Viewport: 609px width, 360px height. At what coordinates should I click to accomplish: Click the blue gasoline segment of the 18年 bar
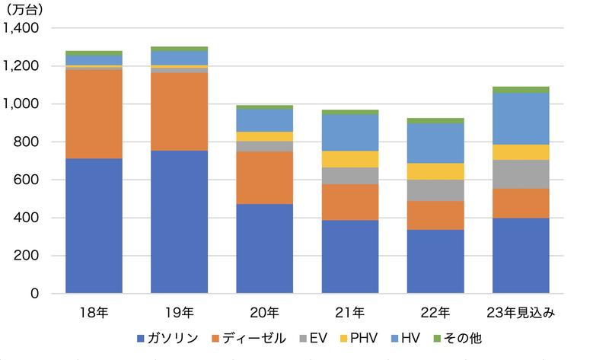pos(94,226)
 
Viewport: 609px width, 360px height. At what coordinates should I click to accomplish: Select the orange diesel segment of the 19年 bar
pos(180,112)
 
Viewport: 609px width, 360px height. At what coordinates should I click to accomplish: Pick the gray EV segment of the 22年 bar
pos(435,190)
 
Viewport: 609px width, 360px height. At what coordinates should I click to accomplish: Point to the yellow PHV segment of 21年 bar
pos(350,159)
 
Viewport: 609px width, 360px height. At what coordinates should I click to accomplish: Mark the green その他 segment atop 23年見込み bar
pos(521,90)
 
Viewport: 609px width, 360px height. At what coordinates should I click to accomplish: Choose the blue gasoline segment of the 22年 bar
pos(435,261)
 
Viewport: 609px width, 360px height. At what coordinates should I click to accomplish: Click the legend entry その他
pos(464,337)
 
